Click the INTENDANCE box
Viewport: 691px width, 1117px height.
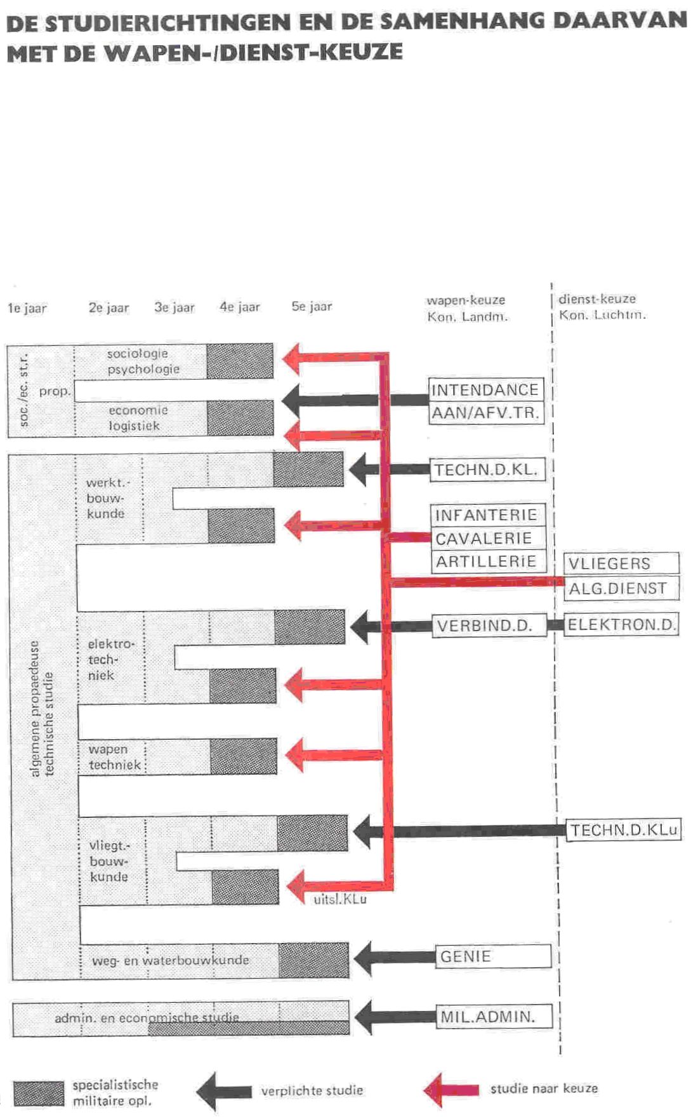(x=486, y=389)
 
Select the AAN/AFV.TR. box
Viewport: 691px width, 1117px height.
(x=486, y=413)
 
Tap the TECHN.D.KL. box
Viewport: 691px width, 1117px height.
(x=487, y=470)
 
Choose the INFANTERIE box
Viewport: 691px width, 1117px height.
(x=487, y=515)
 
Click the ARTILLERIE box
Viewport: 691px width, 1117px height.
(x=487, y=561)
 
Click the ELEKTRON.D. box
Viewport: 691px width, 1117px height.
(x=621, y=624)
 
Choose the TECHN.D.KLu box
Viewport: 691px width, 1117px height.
(x=623, y=829)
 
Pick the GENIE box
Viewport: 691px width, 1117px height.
(x=493, y=956)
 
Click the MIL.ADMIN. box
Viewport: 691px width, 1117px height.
(x=493, y=1017)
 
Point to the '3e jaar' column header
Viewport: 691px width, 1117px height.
(x=174, y=308)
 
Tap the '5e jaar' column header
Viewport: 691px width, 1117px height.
(x=312, y=307)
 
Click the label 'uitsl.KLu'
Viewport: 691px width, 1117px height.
(x=339, y=900)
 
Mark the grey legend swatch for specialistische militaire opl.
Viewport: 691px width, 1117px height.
(x=39, y=1094)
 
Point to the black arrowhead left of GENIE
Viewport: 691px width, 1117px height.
(x=367, y=958)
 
